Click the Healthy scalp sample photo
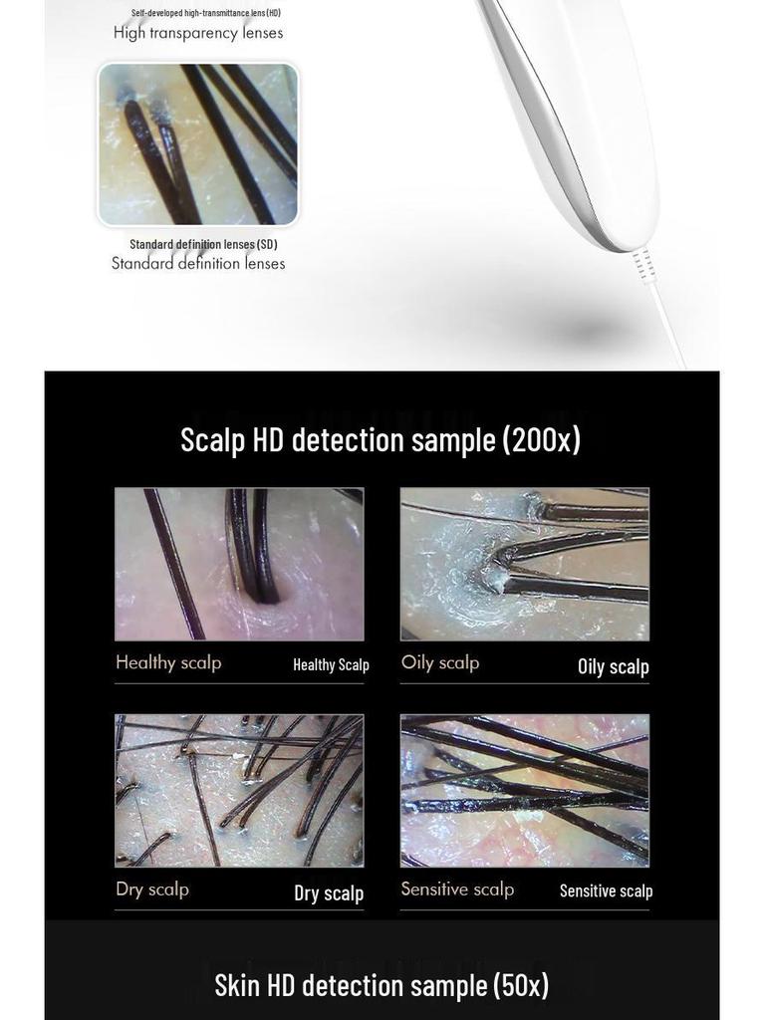tap(239, 564)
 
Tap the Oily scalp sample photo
tap(525, 564)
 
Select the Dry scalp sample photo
tap(239, 790)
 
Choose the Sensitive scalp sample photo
tap(525, 790)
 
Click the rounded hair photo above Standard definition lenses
tap(198, 144)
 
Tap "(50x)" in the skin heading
tap(520, 984)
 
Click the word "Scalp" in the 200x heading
tap(212, 439)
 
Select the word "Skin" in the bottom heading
tap(239, 984)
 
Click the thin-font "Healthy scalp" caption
tap(168, 662)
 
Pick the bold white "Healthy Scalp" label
tap(331, 665)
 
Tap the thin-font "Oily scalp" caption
tap(440, 662)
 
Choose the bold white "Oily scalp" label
tap(614, 666)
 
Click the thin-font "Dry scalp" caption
tap(152, 889)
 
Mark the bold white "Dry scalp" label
tap(329, 892)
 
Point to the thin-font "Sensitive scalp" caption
tap(457, 889)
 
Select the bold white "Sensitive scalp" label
tap(606, 891)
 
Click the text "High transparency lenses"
tap(198, 33)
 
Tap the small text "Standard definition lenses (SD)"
tap(203, 244)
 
